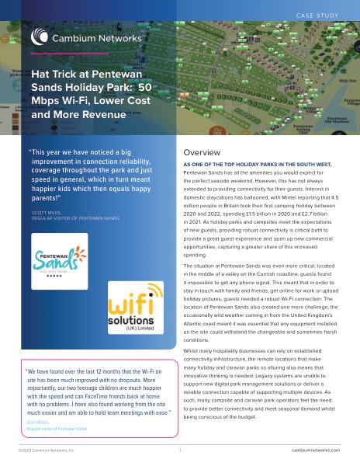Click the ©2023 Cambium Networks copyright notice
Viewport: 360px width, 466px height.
(47, 450)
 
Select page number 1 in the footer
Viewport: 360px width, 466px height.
(179, 450)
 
